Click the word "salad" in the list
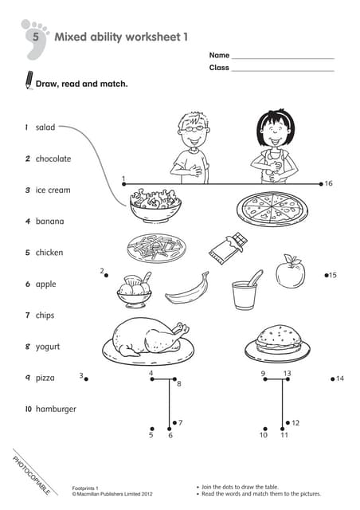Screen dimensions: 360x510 click(x=45, y=127)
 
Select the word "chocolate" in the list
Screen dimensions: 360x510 click(x=53, y=159)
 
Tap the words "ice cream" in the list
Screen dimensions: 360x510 click(x=53, y=190)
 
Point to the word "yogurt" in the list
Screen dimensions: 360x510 click(x=48, y=347)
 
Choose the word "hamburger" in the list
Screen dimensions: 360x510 click(x=56, y=409)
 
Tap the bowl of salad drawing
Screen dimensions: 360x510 click(x=155, y=204)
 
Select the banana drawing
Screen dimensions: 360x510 click(x=188, y=288)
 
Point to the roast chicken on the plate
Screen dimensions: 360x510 click(x=148, y=338)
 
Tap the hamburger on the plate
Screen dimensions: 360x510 click(x=277, y=340)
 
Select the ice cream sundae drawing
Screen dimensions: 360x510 click(x=134, y=290)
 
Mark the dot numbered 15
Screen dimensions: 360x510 click(x=327, y=275)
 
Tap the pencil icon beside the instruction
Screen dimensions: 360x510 click(x=29, y=80)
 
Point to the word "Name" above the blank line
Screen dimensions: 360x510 click(x=219, y=55)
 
